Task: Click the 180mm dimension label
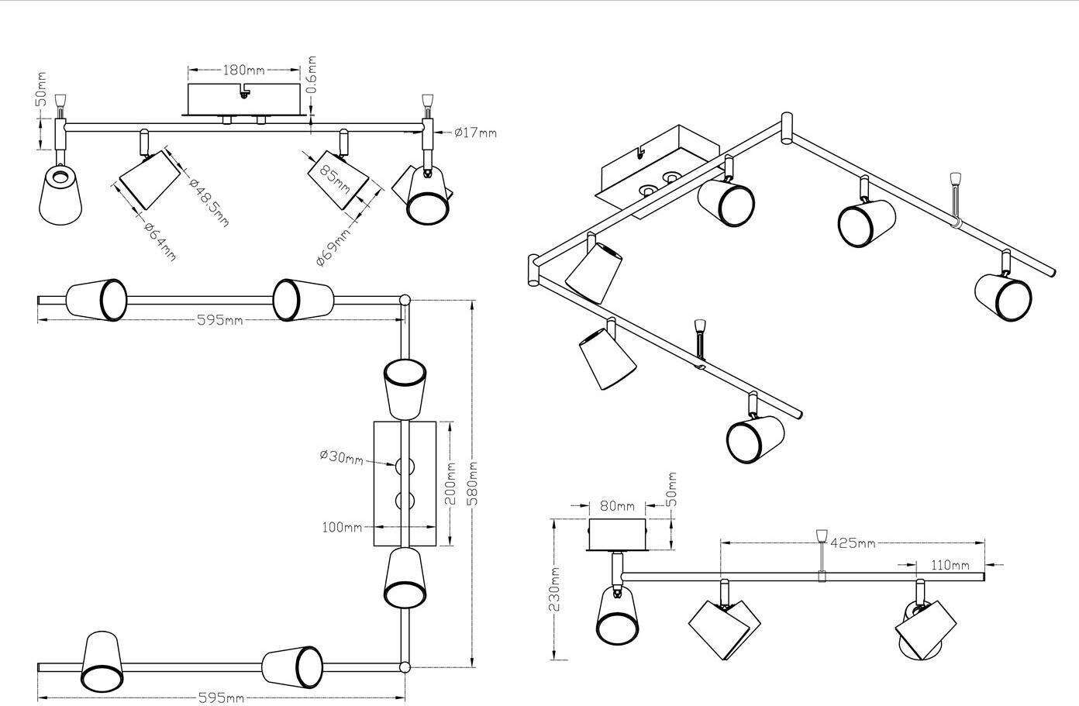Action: click(243, 70)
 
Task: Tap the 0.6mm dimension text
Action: click(312, 74)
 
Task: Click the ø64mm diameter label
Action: click(160, 241)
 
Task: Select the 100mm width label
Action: click(342, 528)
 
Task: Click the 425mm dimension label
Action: click(853, 542)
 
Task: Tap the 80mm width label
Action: click(617, 506)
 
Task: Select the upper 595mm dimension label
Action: click(219, 321)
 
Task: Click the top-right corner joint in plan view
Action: click(404, 299)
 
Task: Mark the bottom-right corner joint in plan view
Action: click(404, 666)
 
